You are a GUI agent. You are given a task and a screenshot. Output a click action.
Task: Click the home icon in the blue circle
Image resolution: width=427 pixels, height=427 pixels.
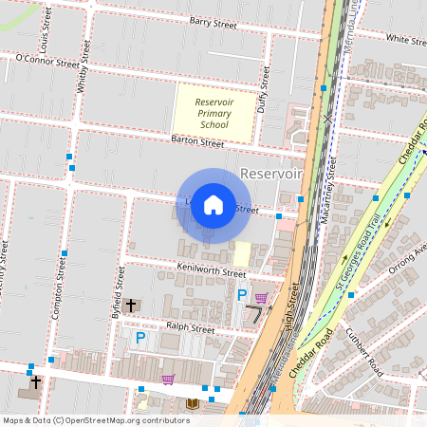213,205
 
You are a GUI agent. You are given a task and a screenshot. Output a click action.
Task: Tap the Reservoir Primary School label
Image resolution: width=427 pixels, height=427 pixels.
213,113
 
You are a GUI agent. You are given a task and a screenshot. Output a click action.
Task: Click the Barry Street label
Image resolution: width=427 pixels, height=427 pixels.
212,21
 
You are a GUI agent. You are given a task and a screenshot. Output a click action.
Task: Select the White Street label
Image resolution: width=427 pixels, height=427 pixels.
405,40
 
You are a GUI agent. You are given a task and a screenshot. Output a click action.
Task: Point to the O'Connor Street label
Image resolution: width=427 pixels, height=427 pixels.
47,60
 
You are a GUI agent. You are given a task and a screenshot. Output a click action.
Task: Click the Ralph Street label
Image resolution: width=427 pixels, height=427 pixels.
190,328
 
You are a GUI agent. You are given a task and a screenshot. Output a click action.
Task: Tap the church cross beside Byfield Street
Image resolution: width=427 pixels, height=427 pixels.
131,306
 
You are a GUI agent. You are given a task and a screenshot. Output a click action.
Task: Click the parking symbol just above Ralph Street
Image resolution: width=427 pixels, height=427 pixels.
140,338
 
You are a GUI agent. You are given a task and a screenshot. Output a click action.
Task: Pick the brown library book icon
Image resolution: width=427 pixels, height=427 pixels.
193,403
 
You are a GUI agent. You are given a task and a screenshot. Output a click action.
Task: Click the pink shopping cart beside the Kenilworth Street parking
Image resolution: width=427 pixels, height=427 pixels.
261,297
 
